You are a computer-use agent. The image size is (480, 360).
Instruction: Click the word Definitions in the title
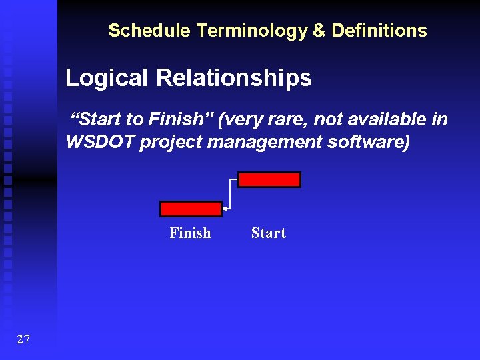click(379, 31)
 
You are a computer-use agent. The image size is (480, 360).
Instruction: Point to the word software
click(369, 142)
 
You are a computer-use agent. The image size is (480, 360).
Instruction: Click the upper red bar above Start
click(269, 179)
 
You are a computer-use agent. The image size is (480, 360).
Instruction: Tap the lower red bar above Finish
click(191, 209)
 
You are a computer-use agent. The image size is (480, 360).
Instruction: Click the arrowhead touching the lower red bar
click(225, 209)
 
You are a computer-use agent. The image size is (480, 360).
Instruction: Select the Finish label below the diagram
click(190, 233)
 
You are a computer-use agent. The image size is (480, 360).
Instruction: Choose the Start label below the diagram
click(268, 233)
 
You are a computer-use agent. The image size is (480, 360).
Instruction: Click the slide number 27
click(23, 340)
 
